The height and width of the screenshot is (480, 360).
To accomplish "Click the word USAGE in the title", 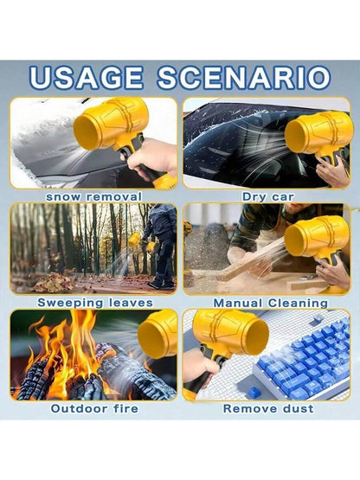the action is (86, 78).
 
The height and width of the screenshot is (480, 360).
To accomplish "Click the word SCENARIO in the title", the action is (244, 78).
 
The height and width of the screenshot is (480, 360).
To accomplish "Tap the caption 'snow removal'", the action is (93, 196).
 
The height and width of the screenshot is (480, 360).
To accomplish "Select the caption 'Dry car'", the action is (267, 196).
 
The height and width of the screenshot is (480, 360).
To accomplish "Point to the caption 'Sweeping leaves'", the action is (95, 303).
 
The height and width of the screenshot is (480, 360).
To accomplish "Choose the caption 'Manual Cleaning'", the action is (271, 303).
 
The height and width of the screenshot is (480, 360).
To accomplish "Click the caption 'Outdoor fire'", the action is (94, 408).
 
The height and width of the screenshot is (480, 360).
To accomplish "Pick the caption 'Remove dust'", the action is (268, 408).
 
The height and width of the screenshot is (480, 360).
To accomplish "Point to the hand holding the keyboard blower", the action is (200, 368).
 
